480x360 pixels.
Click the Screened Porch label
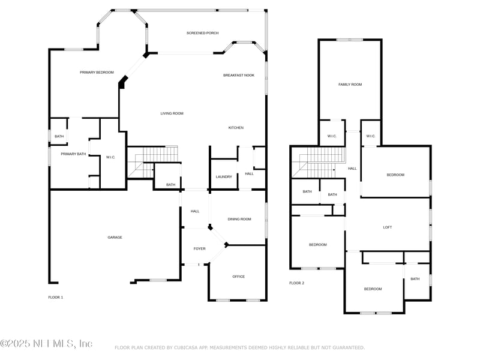pos(203,33)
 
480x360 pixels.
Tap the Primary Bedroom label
pos(97,73)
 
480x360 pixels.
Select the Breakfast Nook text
pos(239,76)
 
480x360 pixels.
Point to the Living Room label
pos(172,113)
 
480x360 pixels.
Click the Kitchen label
pos(236,128)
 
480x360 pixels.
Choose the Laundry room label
pos(224,177)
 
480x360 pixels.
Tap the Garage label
pos(115,237)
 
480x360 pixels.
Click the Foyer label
pos(200,249)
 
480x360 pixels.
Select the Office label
pos(238,277)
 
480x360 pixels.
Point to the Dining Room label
pos(239,219)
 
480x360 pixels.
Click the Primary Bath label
pos(73,154)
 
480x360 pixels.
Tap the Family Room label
pos(350,85)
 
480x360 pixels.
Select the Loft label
pos(388,227)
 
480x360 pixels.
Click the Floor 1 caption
pos(56,297)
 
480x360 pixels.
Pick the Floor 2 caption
pos(297,283)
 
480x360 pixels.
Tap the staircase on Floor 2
pos(319,162)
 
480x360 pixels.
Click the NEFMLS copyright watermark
pos(46,344)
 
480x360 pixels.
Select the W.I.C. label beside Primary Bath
pos(110,157)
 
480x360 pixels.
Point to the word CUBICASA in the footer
pos(186,348)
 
